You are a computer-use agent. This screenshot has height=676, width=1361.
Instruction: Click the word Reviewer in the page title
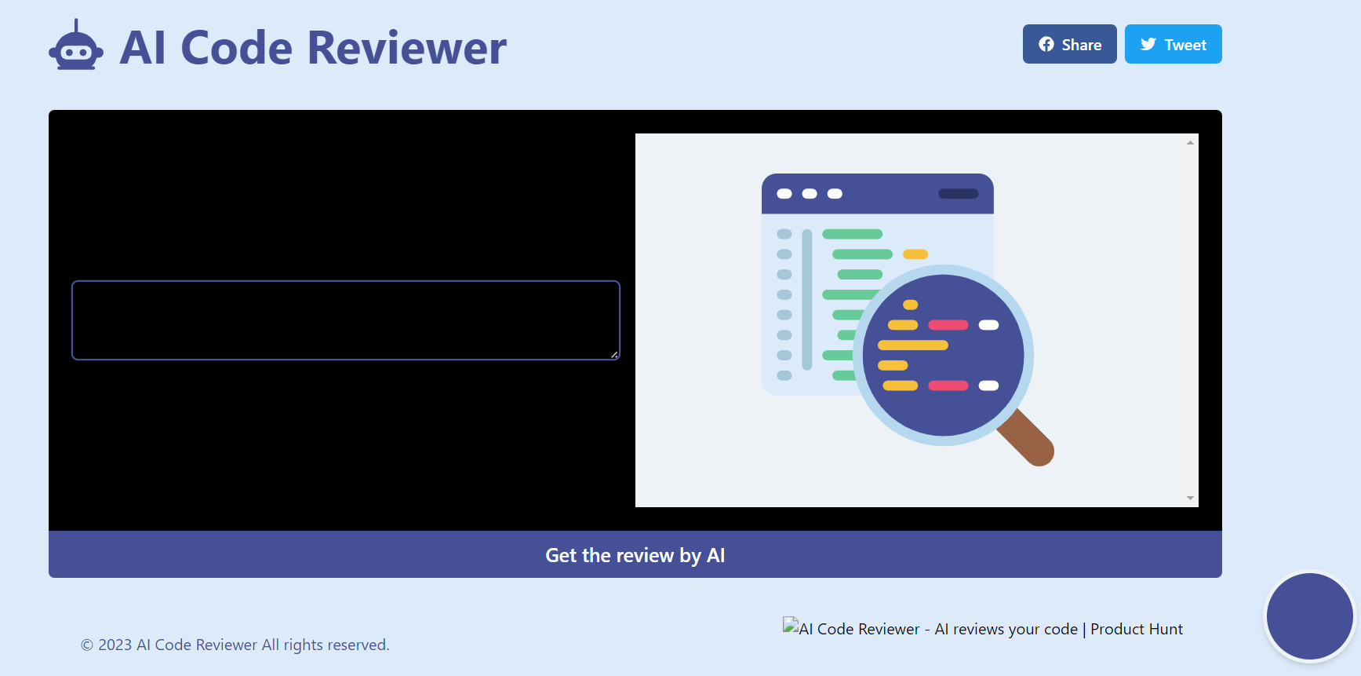(406, 48)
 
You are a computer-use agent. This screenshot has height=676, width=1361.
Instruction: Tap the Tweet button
(1173, 45)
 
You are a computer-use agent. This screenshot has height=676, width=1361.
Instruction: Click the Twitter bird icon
(1148, 45)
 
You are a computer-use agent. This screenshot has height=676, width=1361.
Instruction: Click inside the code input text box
(345, 320)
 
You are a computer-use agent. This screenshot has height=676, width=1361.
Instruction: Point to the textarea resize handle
(614, 355)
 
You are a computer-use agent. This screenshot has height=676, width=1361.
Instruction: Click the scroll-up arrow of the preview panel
(1190, 143)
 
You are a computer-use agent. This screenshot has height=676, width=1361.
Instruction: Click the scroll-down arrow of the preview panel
(1190, 498)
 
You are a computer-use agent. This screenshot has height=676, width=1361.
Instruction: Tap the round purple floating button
(1309, 616)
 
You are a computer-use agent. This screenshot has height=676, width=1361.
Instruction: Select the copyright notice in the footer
(235, 645)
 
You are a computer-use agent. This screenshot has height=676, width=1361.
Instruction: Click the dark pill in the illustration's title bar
(958, 194)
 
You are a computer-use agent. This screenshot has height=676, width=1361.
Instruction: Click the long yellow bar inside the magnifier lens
(912, 345)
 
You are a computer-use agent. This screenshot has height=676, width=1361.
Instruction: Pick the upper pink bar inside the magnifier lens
(948, 325)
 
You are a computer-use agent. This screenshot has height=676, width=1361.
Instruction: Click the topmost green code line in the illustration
(852, 234)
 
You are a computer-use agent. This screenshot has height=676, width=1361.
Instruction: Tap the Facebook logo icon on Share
(1046, 45)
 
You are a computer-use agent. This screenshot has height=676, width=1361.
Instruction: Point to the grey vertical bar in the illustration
(806, 299)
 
